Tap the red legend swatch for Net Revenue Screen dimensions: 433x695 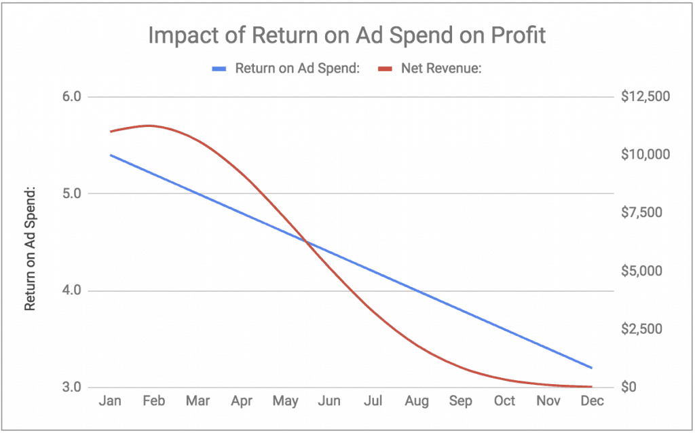click(x=385, y=68)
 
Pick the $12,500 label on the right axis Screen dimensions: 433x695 click(x=645, y=97)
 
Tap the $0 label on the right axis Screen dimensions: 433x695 click(x=628, y=388)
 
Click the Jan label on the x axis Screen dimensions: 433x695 click(x=110, y=402)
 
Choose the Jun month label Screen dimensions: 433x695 click(x=329, y=402)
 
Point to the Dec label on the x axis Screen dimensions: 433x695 click(x=592, y=402)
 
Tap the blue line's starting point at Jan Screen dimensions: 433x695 click(x=110, y=155)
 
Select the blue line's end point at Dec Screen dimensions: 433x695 click(x=592, y=368)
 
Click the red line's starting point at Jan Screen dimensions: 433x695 click(x=110, y=131)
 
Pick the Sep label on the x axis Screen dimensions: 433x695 click(x=461, y=402)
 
